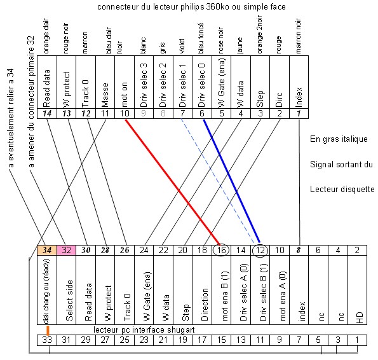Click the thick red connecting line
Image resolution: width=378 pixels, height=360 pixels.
coord(173,183)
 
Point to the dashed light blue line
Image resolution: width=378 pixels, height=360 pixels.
coord(217,181)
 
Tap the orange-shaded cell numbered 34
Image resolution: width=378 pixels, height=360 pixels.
coord(47,250)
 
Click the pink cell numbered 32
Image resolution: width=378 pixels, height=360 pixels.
coord(66,250)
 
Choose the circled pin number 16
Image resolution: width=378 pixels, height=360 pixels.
coord(221,250)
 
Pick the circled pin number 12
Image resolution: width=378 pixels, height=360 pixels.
coord(260,251)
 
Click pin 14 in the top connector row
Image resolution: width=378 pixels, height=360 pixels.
coord(47,114)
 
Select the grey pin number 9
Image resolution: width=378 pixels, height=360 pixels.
coord(144,113)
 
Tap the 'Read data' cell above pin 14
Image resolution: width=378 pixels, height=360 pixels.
coord(47,82)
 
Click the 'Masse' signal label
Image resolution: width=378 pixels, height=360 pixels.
coord(105,95)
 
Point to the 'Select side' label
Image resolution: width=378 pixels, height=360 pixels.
coord(69,300)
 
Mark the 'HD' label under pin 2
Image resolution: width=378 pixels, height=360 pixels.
coord(359,317)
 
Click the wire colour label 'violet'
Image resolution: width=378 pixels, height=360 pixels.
coord(182,46)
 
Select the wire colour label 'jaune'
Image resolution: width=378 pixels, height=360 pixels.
coord(240,45)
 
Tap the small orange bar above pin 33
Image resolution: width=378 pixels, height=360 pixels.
coord(48,331)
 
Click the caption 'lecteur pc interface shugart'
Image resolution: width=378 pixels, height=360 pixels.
coord(144,330)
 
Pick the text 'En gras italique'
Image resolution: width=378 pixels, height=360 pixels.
coord(339,139)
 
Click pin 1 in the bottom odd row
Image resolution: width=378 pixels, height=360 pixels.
coord(357,340)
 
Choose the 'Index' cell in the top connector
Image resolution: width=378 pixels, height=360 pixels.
coord(299,82)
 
